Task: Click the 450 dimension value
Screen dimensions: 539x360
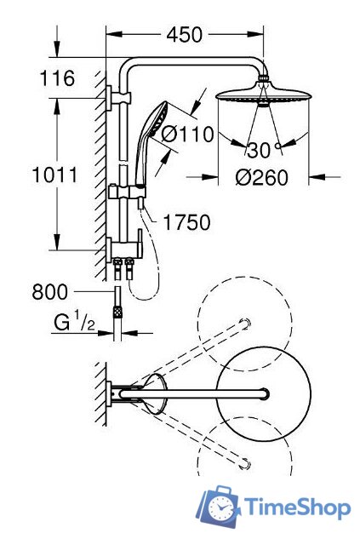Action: click(183, 35)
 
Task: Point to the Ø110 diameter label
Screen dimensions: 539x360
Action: click(186, 133)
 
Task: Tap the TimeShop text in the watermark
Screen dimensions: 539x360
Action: click(298, 508)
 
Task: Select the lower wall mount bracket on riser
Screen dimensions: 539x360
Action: click(119, 248)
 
